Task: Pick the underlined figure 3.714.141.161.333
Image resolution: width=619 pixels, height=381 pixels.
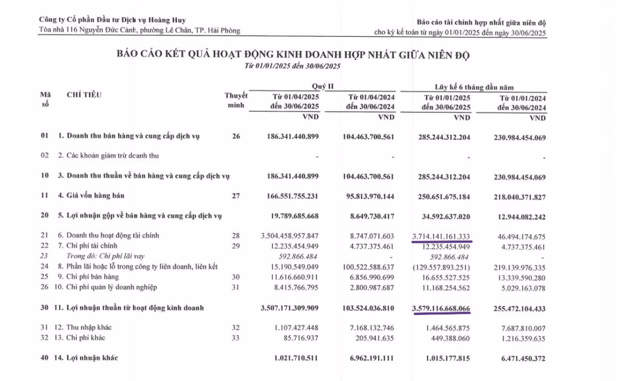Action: (442, 235)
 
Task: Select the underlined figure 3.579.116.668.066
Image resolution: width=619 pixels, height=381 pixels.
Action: (441, 309)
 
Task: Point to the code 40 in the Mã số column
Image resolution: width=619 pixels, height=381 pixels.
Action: (45, 359)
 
